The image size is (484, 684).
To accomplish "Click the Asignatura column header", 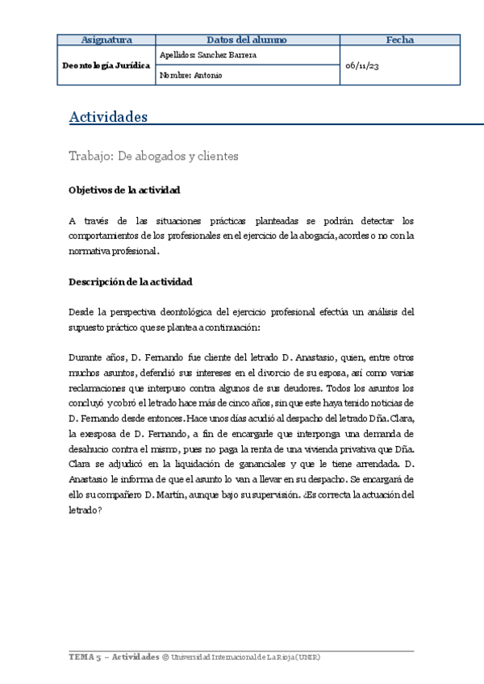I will (x=106, y=40).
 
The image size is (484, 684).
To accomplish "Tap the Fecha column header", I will (x=399, y=40).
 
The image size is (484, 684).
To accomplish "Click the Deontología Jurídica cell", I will (x=106, y=65).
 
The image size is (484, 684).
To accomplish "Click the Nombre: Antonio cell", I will (x=191, y=75).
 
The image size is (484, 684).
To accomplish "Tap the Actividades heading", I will (x=108, y=117).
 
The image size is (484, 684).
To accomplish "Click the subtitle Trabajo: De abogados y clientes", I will (x=154, y=156).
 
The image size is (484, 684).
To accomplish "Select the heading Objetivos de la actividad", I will (x=124, y=190).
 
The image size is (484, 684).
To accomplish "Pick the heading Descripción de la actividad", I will (x=130, y=282).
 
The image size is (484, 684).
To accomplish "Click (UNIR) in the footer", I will (x=307, y=657).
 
